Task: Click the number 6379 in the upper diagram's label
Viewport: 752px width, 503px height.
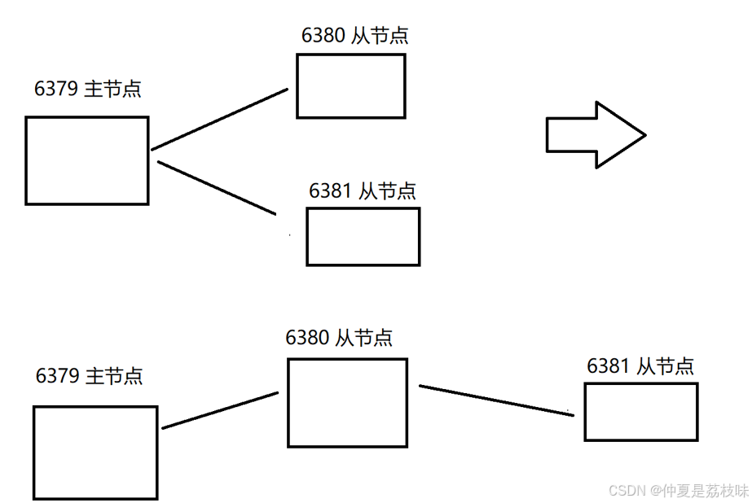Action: coord(57,89)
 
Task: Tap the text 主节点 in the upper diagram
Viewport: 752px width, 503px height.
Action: coord(112,89)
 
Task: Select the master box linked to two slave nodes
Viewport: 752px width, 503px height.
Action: coord(87,160)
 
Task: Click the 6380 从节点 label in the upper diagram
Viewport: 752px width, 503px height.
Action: coord(355,35)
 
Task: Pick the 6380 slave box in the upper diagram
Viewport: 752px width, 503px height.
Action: coord(351,86)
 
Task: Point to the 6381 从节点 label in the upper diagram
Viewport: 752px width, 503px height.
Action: coord(363,190)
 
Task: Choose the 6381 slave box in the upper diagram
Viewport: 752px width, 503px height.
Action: coord(363,237)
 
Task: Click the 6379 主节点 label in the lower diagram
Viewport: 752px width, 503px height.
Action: coord(90,376)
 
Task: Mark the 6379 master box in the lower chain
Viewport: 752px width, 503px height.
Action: coord(95,453)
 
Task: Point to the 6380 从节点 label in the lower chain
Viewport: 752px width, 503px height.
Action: coord(339,337)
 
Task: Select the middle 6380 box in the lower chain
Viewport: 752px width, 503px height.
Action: coord(347,403)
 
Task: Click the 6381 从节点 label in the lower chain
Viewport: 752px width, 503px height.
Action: coord(640,365)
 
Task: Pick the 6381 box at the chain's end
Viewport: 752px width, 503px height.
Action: coord(641,412)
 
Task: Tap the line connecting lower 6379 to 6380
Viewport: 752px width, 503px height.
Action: coord(221,410)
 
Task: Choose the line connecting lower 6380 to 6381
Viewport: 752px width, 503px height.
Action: coord(495,400)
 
